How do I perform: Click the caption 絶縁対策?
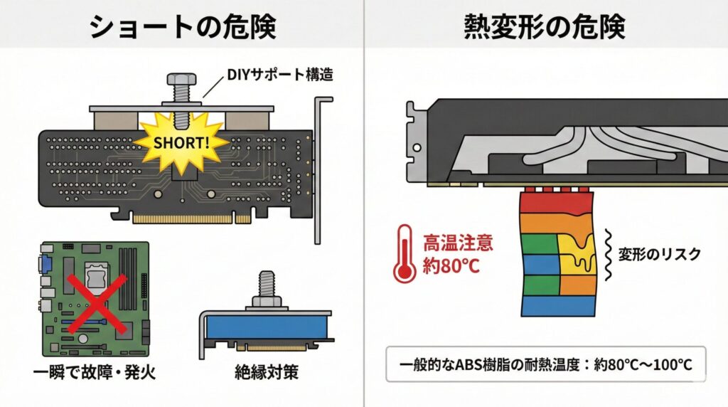(x=265, y=371)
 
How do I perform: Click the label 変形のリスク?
(x=659, y=254)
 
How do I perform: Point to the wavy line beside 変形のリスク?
(x=609, y=254)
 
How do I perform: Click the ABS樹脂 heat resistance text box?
(x=545, y=365)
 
